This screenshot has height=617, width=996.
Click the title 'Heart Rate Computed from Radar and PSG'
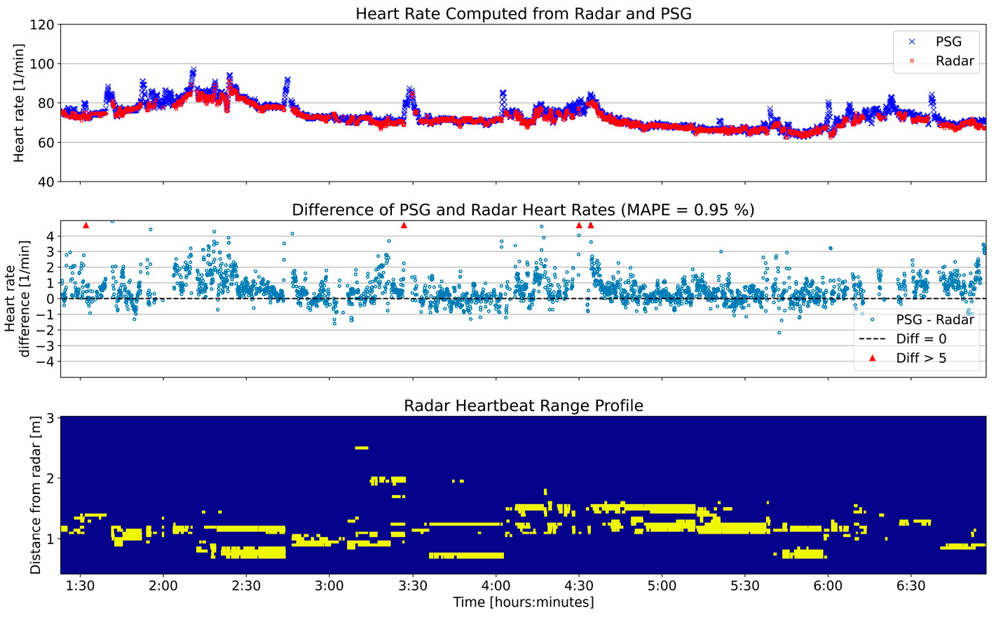pyautogui.click(x=523, y=13)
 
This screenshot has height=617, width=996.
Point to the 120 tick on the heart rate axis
pyautogui.click(x=43, y=25)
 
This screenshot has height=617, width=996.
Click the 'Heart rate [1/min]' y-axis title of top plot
pyautogui.click(x=19, y=103)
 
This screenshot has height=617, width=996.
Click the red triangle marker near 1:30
pyautogui.click(x=86, y=226)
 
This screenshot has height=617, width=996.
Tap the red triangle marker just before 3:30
pyautogui.click(x=404, y=226)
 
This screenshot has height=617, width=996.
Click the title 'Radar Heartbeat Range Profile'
pyautogui.click(x=523, y=405)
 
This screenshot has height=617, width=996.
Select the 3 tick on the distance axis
pyautogui.click(x=51, y=418)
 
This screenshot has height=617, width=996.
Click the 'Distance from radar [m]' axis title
pyautogui.click(x=35, y=494)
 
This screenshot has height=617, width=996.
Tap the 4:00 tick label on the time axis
pyautogui.click(x=496, y=585)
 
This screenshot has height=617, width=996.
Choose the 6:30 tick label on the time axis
pyautogui.click(x=910, y=585)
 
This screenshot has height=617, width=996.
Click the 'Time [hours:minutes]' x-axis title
pyautogui.click(x=523, y=602)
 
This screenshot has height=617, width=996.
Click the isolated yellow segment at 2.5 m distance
pyautogui.click(x=362, y=448)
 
